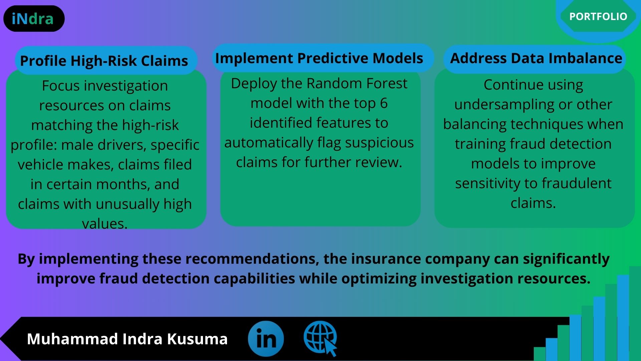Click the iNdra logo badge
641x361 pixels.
point(34,19)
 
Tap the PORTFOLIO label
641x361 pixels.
point(598,16)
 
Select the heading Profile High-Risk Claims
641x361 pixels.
point(104,61)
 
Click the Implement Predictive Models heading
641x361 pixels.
point(319,58)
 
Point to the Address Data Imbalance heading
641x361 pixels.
point(536,58)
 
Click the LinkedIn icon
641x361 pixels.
point(266,339)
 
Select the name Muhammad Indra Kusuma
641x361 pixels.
point(127,339)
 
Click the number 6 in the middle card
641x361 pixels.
point(384,103)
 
